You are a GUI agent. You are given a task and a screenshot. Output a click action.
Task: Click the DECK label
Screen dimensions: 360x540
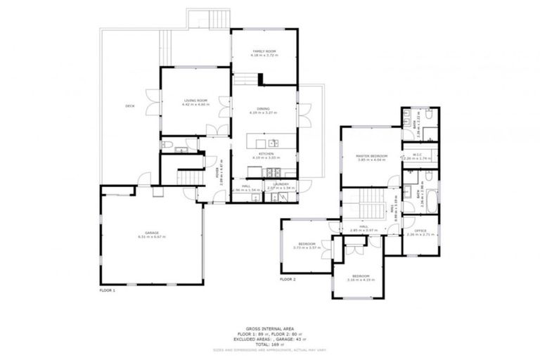tap(130, 106)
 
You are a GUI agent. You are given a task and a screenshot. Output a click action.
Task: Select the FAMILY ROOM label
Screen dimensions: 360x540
tap(264, 51)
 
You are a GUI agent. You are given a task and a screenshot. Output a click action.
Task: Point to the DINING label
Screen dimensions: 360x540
tap(264, 109)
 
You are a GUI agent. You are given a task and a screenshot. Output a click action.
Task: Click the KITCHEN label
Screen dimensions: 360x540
tap(265, 153)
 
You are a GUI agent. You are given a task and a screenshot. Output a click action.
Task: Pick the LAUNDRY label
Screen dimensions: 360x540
tap(281, 184)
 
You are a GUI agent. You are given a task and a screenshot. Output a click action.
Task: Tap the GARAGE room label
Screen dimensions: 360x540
tap(152, 233)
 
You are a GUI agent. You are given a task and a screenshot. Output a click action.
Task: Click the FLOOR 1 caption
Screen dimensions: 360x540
tap(107, 289)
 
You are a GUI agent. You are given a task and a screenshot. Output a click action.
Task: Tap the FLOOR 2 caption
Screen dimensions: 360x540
tap(288, 279)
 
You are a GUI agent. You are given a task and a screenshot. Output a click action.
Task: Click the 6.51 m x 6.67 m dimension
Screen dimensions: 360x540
tap(152, 237)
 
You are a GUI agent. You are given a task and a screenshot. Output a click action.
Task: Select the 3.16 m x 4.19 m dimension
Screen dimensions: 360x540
tap(361, 280)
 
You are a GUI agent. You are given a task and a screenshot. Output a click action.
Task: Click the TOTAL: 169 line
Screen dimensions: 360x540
tap(269, 345)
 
